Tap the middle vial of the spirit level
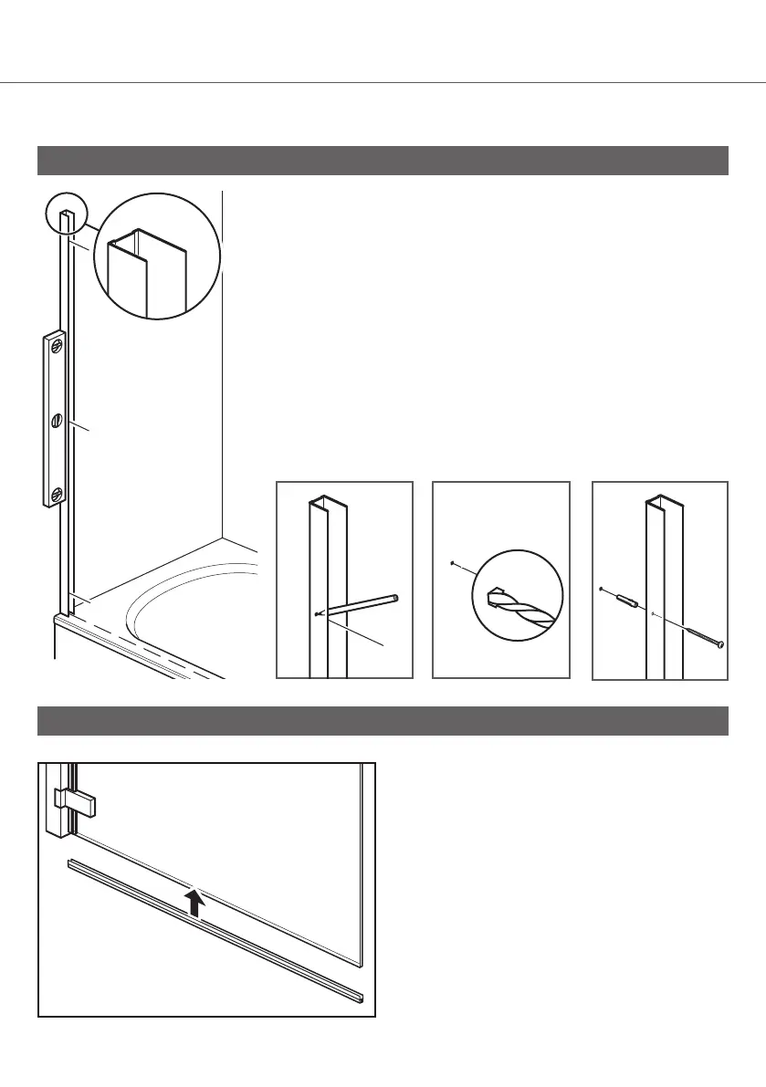coord(58,422)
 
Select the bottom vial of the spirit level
coord(58,495)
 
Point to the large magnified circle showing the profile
coord(157,256)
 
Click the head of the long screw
coord(721,644)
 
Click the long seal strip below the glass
coord(215,928)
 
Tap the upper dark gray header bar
coord(383,160)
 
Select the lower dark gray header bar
coord(383,720)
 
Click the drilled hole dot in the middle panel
coord(453,564)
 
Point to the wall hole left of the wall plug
coord(602,590)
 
